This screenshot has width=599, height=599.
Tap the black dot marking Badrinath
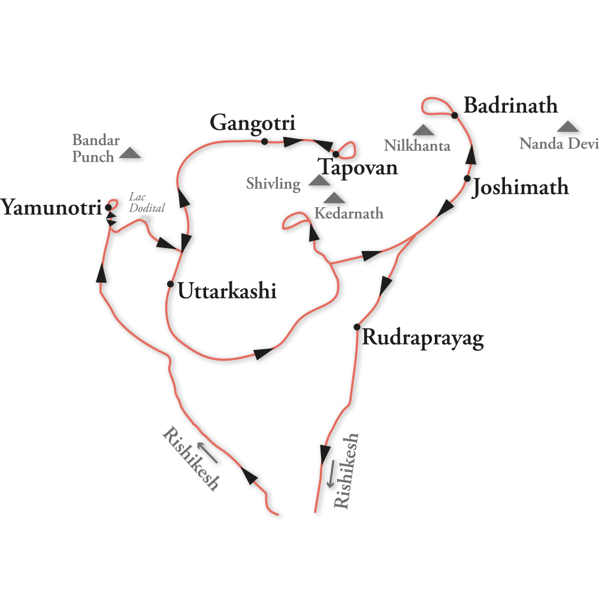tap(454, 115)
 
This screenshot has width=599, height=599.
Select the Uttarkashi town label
tap(227, 291)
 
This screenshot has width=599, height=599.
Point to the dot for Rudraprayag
tap(357, 327)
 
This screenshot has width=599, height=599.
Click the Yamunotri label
tap(51, 207)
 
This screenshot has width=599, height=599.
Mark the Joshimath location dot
tap(467, 179)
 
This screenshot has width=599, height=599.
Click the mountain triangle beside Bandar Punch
tap(130, 153)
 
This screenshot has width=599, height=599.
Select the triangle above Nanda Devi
tap(568, 126)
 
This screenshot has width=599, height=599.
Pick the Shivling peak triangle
tap(319, 180)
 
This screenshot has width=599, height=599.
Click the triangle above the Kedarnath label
tap(334, 198)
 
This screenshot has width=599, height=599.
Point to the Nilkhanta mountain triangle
tap(423, 130)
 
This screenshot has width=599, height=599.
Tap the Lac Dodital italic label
tap(147, 202)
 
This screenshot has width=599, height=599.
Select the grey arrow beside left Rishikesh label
tap(207, 453)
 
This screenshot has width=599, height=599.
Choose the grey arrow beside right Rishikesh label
tap(331, 474)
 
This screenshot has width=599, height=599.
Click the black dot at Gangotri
tap(264, 142)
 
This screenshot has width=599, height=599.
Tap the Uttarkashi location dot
tap(170, 284)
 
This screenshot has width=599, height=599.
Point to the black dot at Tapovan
tap(336, 155)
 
